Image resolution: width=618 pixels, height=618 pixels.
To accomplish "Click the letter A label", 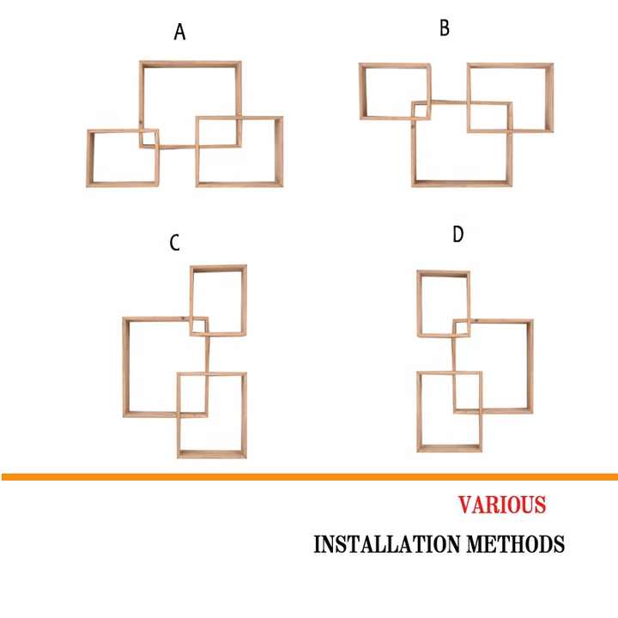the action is [x=179, y=32].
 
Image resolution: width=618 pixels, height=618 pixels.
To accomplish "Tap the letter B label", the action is [x=445, y=28].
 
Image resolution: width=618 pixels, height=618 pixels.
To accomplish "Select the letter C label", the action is [x=174, y=243].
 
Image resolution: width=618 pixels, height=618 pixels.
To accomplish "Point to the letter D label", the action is [x=458, y=234].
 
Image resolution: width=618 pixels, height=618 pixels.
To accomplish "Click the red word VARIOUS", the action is [x=502, y=505].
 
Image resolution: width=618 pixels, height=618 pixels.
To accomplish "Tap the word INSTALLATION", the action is [x=386, y=544].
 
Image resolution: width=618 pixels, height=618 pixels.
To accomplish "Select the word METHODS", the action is [x=516, y=544].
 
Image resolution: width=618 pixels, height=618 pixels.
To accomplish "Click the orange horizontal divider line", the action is [x=309, y=477].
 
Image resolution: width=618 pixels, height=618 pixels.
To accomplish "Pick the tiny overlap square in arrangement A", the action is [x=149, y=138].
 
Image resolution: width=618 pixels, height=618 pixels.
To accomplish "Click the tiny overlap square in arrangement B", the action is [x=421, y=110].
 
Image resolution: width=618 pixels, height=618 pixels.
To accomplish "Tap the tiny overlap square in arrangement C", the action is [x=199, y=326].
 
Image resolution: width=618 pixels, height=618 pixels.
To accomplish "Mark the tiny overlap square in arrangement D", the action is [x=462, y=328].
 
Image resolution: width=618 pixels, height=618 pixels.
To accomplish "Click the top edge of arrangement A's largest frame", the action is [x=191, y=64].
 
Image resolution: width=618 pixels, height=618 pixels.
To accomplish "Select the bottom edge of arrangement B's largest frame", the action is [x=462, y=184].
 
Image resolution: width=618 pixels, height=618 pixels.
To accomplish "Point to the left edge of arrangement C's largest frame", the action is [x=126, y=367].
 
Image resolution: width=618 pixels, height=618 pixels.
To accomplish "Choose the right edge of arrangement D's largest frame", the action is [x=530, y=367].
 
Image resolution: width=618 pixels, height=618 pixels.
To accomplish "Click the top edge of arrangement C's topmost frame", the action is [x=218, y=269].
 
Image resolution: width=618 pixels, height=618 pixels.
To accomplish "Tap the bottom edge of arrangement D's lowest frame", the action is [x=450, y=449].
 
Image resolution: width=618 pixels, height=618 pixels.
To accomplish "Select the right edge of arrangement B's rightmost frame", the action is [x=550, y=97].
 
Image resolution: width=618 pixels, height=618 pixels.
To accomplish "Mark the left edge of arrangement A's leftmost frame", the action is [x=90, y=158].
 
